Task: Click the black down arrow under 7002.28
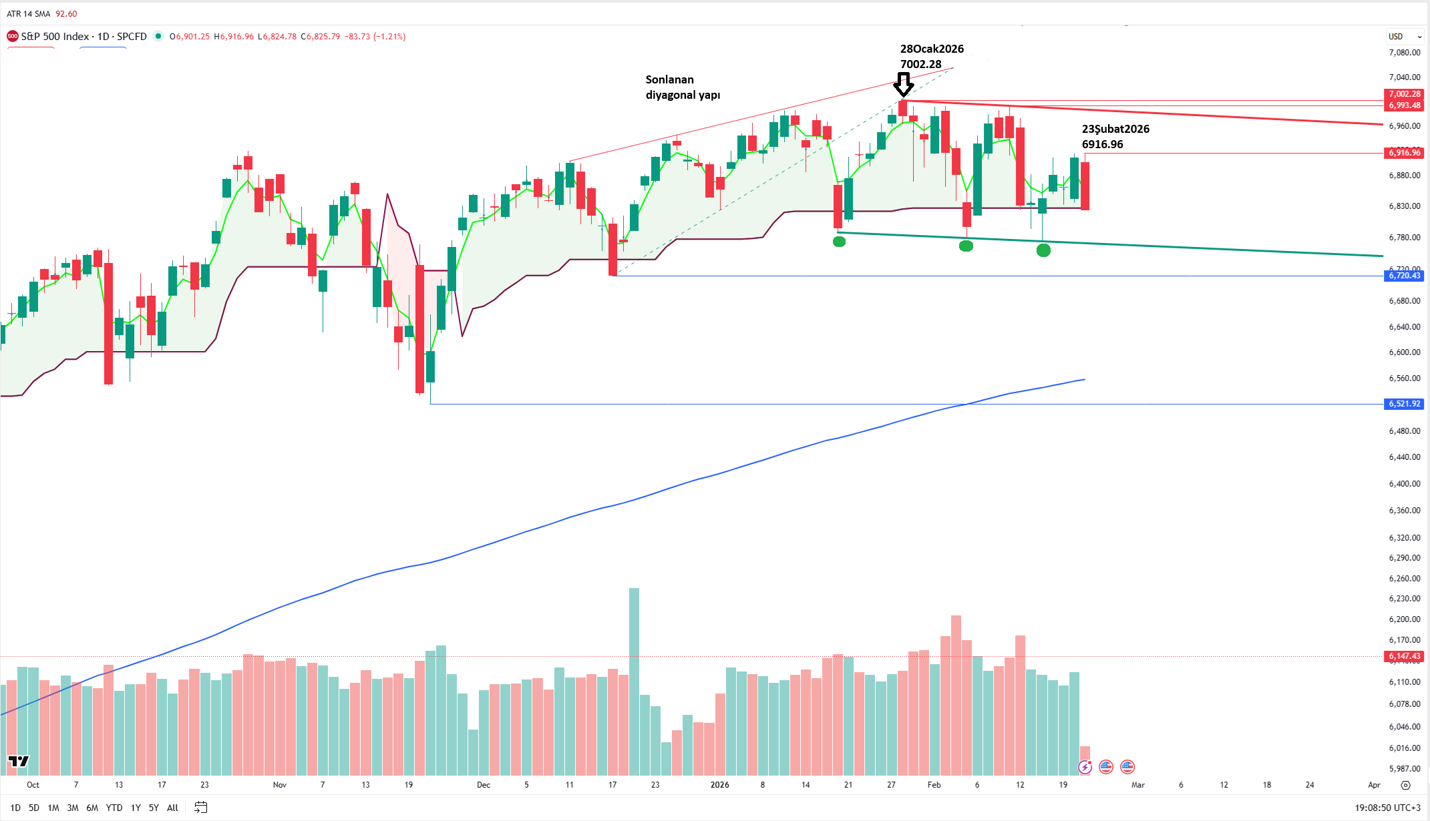[x=903, y=85]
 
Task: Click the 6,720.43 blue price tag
[x=1404, y=276]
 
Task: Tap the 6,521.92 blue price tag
[x=1404, y=404]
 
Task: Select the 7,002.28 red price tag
[x=1404, y=94]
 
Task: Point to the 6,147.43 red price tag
[x=1404, y=656]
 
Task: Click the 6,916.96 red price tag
[x=1404, y=153]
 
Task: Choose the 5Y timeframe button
[x=154, y=808]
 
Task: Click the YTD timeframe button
[x=114, y=808]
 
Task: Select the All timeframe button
[x=172, y=808]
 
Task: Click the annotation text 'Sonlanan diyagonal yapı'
[x=682, y=87]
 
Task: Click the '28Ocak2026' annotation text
[x=932, y=49]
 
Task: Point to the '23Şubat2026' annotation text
[x=1115, y=129]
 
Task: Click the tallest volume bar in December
[x=634, y=681]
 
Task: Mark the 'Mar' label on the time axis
[x=1137, y=785]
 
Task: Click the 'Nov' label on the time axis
[x=280, y=785]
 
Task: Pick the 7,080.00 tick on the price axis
[x=1404, y=53]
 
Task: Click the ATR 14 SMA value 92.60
[x=66, y=14]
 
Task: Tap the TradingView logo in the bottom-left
[x=19, y=761]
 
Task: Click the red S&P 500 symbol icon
[x=12, y=37]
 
